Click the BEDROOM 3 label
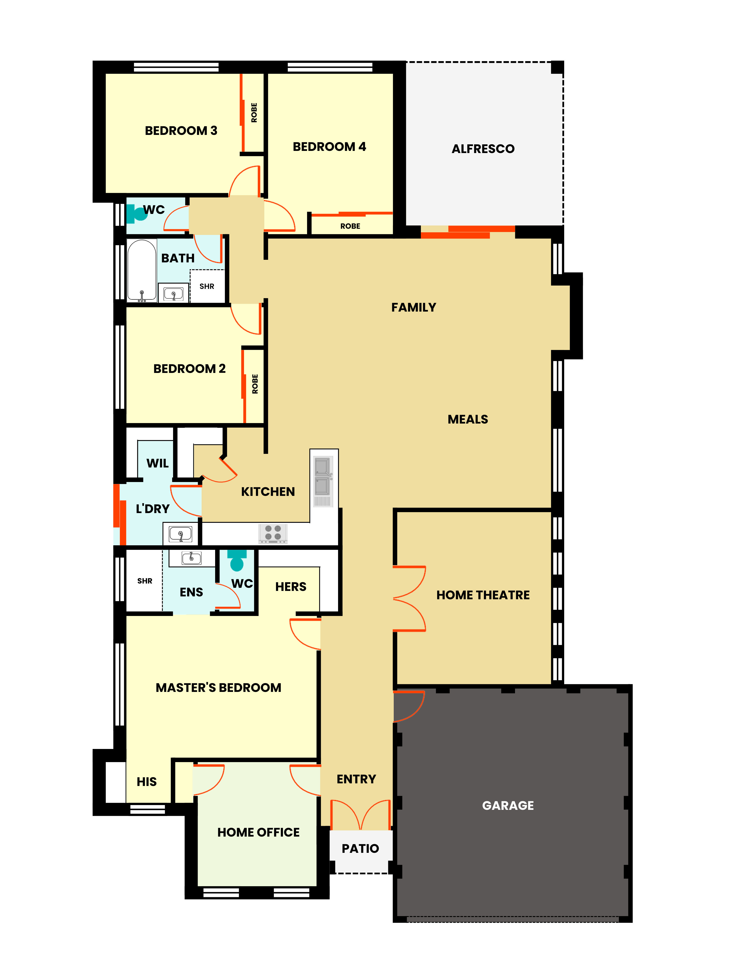coord(181,131)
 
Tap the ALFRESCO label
coord(483,149)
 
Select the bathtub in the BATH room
coord(142,271)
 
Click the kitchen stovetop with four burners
coord(273,533)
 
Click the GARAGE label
coord(508,806)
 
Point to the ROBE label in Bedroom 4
coord(350,226)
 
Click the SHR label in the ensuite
coord(145,581)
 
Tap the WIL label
coord(157,463)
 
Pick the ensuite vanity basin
coord(191,558)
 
